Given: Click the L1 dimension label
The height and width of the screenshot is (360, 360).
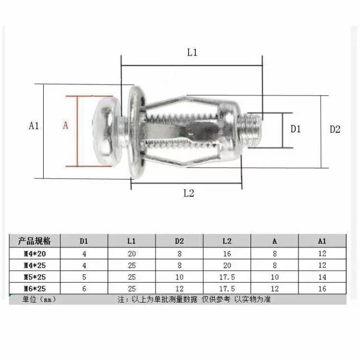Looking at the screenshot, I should point(192,53).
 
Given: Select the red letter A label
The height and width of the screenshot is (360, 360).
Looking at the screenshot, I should point(66,126).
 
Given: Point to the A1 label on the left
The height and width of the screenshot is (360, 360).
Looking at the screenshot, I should point(34,126).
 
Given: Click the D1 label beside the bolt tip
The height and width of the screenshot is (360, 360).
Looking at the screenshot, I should point(296,129).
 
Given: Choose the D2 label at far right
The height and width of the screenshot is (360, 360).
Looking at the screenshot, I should point(335,129).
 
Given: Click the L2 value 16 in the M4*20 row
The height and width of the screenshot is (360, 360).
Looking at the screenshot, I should point(227,253).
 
